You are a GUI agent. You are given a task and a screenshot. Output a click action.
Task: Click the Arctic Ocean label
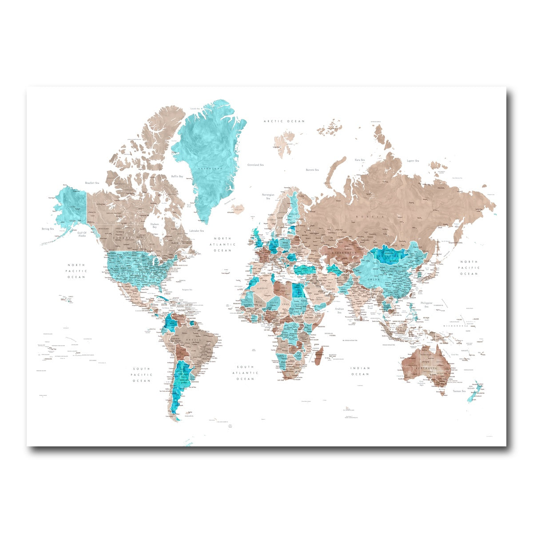coord(284,121)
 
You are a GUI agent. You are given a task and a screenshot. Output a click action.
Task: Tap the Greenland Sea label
coord(256,164)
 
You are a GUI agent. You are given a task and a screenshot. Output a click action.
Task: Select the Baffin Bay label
coord(177,176)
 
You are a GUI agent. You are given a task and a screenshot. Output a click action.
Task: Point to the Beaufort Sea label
coord(92,183)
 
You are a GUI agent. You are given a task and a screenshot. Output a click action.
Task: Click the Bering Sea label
coord(48,229)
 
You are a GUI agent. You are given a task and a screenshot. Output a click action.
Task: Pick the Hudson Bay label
coord(155,225)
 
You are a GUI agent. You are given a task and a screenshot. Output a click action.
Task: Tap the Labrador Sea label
coord(196,231)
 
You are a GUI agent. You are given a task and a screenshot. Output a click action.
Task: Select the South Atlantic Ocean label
coord(246,373)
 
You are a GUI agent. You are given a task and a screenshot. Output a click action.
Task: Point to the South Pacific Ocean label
coord(142,374)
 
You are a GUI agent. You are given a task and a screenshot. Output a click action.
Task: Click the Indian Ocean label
coord(360,371)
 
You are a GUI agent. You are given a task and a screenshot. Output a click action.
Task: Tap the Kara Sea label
coord(359,160)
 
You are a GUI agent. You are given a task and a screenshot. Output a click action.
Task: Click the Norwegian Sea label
coord(268,197)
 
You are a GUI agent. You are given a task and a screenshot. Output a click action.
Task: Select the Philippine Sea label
coord(427,304)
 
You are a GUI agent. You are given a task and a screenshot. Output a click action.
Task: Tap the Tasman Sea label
coord(459,391)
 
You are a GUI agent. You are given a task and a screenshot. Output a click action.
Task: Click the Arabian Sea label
coord(340,310)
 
